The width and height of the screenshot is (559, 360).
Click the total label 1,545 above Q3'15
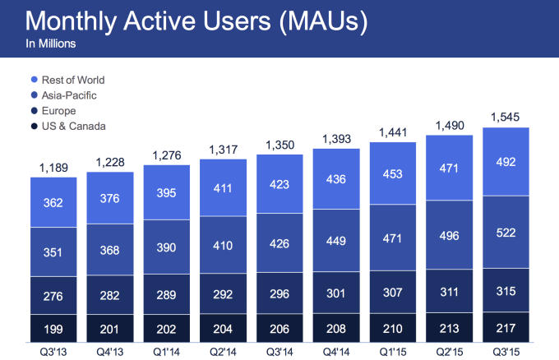pyautogui.click(x=506, y=118)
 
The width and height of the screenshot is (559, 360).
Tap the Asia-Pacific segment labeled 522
pyautogui.click(x=506, y=233)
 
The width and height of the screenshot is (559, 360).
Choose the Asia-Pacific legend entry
pyautogui.click(x=69, y=95)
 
